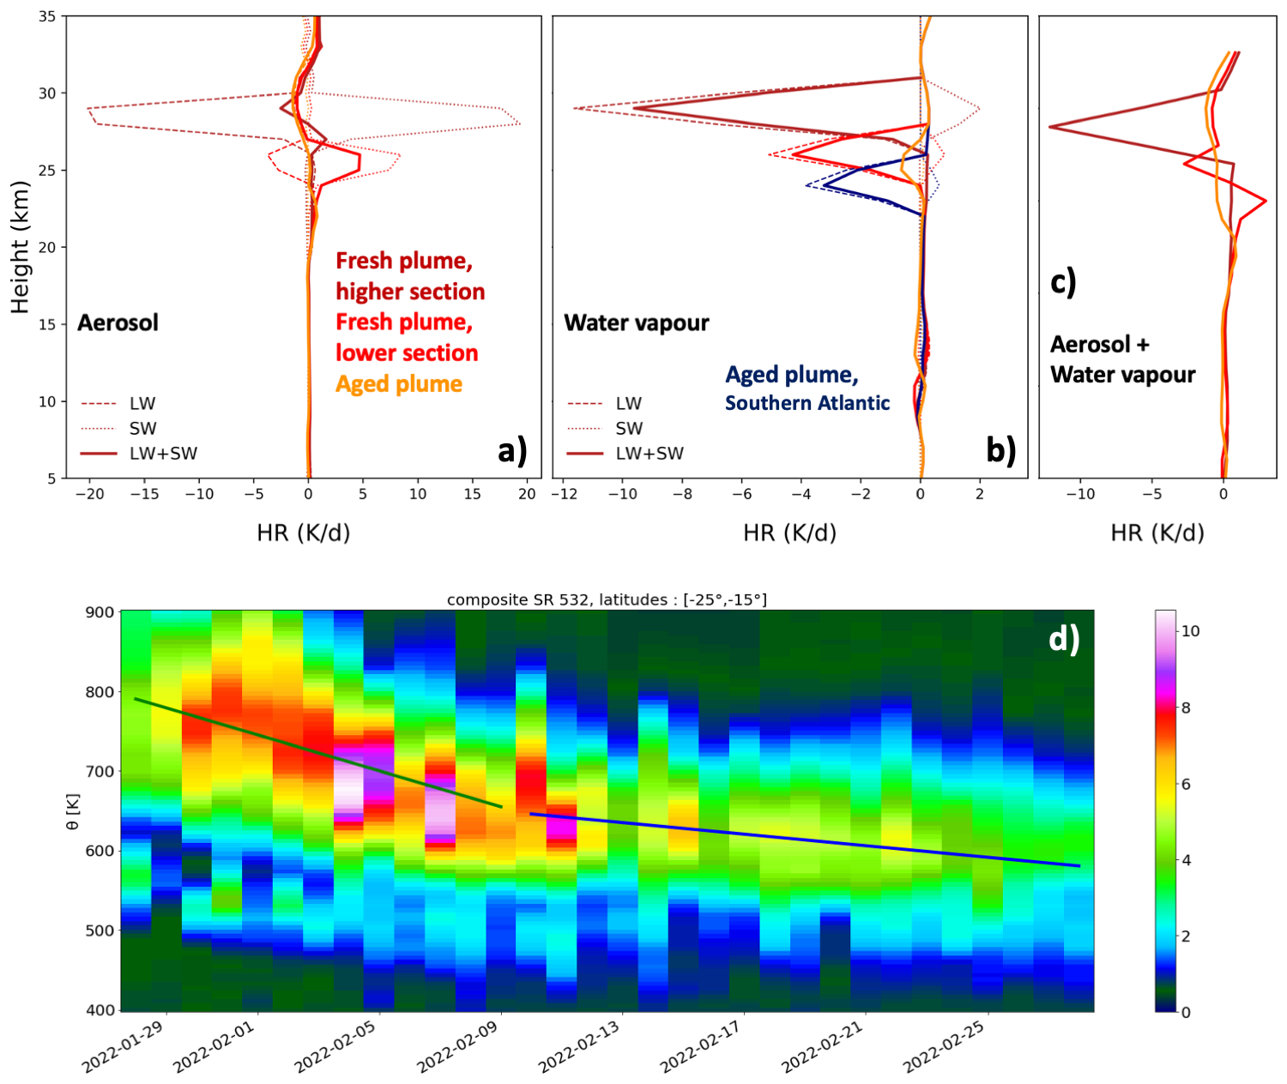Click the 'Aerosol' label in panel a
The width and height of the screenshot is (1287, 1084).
point(118,323)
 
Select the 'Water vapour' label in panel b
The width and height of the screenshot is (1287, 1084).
point(637,323)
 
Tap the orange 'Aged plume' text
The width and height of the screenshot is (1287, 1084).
point(399,384)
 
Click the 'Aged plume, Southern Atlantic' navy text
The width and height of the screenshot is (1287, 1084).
point(807,388)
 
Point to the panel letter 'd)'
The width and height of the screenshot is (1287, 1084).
point(1064,638)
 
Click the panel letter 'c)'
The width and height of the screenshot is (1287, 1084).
point(1063,281)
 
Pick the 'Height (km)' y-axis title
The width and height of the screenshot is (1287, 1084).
point(20,247)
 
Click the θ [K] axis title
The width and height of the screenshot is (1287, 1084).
point(73,810)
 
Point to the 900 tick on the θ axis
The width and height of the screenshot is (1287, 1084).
point(100,612)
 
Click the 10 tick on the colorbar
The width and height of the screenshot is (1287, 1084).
point(1190,631)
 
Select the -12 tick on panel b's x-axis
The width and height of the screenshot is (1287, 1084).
point(563,494)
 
